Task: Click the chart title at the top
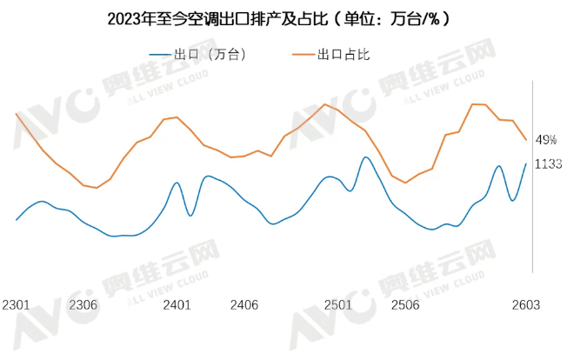[x=283, y=18]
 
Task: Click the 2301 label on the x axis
[x=16, y=305]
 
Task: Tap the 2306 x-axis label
[x=83, y=305]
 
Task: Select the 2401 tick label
[x=177, y=305]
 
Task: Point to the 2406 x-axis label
[x=244, y=305]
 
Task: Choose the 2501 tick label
[x=338, y=305]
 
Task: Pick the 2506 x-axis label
[x=405, y=305]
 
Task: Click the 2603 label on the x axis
[x=525, y=305]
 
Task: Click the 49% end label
[x=546, y=140]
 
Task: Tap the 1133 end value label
[x=548, y=163]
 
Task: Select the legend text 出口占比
[x=344, y=55]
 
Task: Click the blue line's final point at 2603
[x=525, y=163]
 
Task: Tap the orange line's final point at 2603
[x=525, y=140]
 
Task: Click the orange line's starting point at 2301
[x=16, y=113]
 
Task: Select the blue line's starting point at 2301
[x=16, y=220]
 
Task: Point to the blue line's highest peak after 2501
[x=365, y=157]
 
